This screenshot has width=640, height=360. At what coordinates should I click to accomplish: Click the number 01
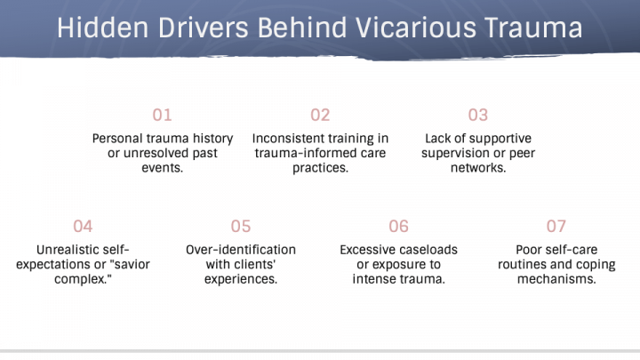click(162, 115)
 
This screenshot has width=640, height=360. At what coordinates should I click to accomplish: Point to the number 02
click(320, 115)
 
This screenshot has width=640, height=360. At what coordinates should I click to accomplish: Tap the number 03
click(478, 115)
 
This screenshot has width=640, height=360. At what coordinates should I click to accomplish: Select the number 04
click(83, 226)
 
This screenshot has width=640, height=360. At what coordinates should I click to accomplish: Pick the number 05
click(241, 226)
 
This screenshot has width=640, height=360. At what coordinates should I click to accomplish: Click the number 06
click(399, 226)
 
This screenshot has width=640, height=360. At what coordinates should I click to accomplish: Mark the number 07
click(556, 226)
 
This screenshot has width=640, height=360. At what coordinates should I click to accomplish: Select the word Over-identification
click(241, 250)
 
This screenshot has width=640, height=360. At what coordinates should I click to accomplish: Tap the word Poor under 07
click(531, 250)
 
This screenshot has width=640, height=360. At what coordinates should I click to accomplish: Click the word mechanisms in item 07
click(556, 278)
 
